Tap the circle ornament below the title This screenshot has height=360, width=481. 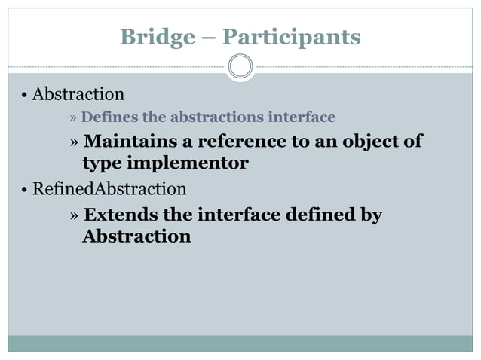coord(240,66)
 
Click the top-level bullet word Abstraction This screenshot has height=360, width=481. coord(78,95)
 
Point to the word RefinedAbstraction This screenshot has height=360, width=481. coord(109,188)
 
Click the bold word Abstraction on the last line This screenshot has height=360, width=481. coord(136,236)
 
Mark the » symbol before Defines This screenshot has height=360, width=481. coord(73,118)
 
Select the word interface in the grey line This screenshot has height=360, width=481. coord(305,117)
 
